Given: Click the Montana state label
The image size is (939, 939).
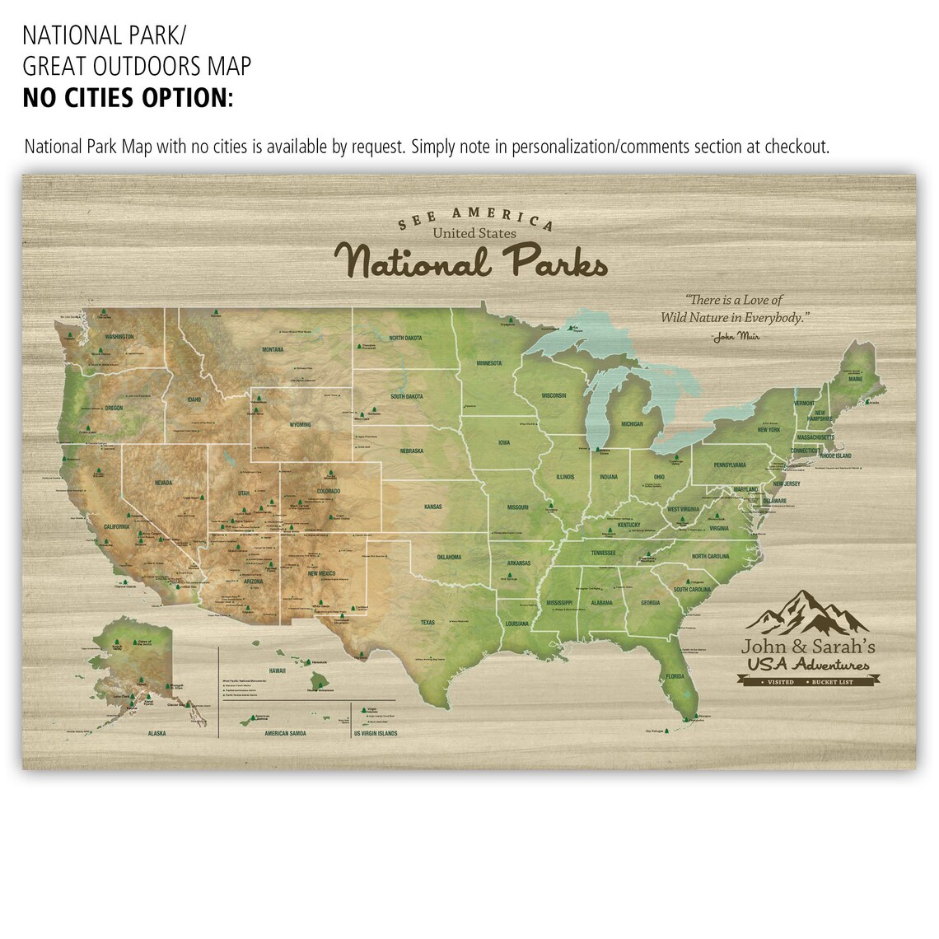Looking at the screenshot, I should (273, 350).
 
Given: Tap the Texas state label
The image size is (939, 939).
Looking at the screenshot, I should (427, 623).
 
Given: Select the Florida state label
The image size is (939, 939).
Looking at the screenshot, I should (675, 677).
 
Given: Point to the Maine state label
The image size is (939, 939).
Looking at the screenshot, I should (856, 380).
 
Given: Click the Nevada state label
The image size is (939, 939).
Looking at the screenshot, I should (163, 484).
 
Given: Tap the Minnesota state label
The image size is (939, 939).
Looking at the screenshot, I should (489, 363).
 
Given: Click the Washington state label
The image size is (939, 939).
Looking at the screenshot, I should (119, 337).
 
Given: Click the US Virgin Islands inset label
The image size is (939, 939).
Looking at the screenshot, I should (376, 733).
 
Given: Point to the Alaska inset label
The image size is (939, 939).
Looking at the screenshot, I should (156, 732).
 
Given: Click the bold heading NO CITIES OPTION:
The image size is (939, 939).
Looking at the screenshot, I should (128, 98).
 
